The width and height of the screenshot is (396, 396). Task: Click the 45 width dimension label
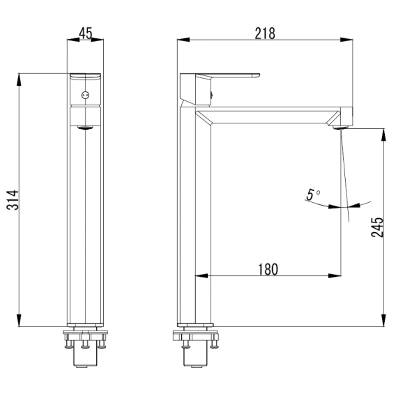pos(86,33)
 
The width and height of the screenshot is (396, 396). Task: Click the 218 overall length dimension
pos(265,33)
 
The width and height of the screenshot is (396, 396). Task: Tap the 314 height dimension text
pos(13,200)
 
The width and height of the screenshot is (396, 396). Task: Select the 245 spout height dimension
pos(377,227)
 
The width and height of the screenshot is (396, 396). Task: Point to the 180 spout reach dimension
pos(268,270)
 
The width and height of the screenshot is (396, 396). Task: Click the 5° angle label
pos(313,195)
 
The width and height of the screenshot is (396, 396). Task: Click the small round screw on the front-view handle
pos(85,96)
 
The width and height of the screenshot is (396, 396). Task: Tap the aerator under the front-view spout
pos(85,128)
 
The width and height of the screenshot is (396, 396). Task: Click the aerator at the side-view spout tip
pos(340,128)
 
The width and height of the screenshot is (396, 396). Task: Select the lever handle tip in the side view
pos(257,75)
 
